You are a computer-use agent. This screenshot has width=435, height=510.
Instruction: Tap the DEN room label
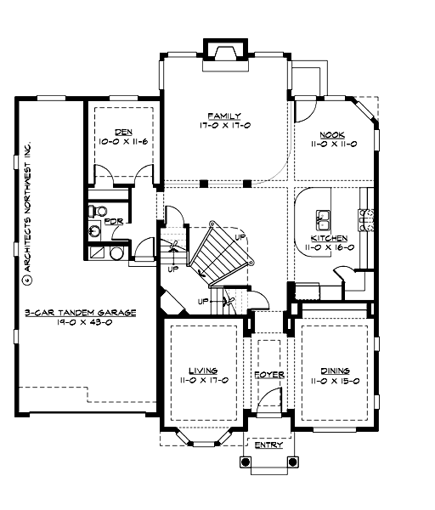click(123, 132)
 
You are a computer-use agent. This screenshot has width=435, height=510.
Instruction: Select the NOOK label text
click(331, 135)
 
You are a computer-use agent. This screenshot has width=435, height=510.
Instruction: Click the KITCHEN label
click(328, 239)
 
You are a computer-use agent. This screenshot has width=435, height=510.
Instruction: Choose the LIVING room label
click(202, 371)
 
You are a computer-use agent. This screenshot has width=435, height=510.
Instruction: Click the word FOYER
click(268, 374)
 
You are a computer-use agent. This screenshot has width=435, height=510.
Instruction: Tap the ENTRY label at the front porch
click(268, 444)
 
